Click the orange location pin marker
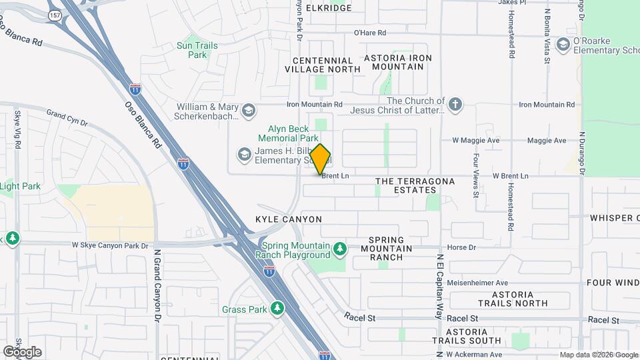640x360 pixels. click(320, 159)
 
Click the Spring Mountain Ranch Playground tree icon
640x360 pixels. click(340, 249)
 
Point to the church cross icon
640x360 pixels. click(455, 104)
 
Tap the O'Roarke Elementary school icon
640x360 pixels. click(563, 45)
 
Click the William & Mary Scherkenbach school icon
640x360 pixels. click(248, 110)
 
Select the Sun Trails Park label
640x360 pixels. click(197, 50)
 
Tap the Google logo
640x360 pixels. click(22, 351)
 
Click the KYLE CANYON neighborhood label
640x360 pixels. click(288, 219)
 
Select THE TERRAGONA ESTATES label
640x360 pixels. click(415, 185)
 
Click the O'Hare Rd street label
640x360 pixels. click(370, 33)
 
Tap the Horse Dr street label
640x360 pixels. click(461, 247)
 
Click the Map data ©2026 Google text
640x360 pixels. click(599, 355)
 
